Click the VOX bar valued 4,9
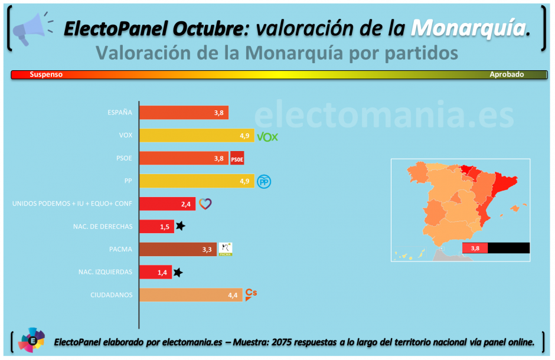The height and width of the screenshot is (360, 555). point(197,136)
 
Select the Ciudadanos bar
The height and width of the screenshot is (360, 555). point(191,295)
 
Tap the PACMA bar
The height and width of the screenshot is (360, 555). point(178,250)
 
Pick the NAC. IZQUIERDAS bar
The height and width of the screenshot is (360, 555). point(155,272)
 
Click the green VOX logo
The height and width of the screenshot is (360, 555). point(267,137)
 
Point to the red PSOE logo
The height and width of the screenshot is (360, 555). point(237,159)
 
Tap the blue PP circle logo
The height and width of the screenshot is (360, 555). point(263,181)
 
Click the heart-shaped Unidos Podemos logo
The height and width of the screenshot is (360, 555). point(204,204)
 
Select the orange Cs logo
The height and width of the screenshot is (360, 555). point(251,293)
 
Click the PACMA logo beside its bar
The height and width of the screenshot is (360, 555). point(226,249)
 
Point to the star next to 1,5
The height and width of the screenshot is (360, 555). point(181,226)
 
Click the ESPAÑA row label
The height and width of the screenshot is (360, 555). point(120,113)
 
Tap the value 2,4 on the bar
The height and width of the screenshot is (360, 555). point(186,204)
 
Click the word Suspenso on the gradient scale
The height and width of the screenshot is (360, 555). point(46,75)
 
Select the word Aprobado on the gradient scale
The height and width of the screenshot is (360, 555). point(507,75)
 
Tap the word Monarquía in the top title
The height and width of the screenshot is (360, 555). point(468,27)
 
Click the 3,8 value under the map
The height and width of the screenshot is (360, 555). point(474,248)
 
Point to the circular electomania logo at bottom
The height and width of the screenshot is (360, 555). point(31,341)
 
